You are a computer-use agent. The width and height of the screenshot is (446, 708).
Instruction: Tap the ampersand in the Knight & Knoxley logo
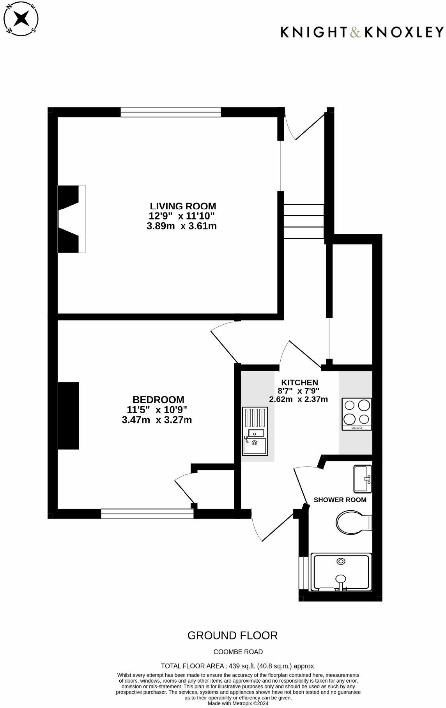355,32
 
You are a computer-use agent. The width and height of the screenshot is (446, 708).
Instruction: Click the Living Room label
183,206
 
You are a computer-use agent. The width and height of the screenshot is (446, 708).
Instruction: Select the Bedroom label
158,400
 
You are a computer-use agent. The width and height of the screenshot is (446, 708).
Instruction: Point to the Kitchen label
300,382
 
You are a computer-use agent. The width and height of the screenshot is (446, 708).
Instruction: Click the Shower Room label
340,500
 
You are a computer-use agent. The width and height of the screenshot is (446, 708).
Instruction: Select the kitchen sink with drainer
255,431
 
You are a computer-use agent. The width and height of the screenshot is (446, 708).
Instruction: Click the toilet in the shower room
353,523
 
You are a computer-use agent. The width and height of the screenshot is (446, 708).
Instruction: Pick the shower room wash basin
363,478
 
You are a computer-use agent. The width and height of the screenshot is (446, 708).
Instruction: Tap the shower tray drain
341,561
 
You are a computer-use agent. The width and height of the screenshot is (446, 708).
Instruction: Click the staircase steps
304,221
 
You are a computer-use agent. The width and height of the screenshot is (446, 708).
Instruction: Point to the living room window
171,112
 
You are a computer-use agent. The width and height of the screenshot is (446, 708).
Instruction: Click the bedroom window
147,514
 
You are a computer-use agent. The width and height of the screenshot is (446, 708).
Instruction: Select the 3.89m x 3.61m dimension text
182,226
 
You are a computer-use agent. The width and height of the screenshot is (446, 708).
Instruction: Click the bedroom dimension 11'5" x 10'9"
157,410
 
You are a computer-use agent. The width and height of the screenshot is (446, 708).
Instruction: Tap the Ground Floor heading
232,635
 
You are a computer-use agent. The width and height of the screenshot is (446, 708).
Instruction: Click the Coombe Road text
238,652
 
